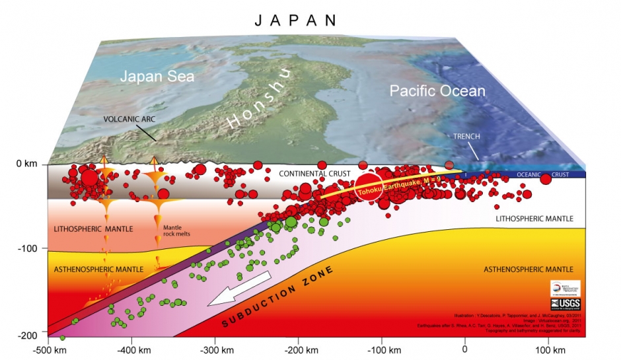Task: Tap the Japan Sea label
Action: click(x=157, y=77)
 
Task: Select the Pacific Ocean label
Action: click(x=437, y=91)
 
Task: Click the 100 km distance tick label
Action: click(x=546, y=348)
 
